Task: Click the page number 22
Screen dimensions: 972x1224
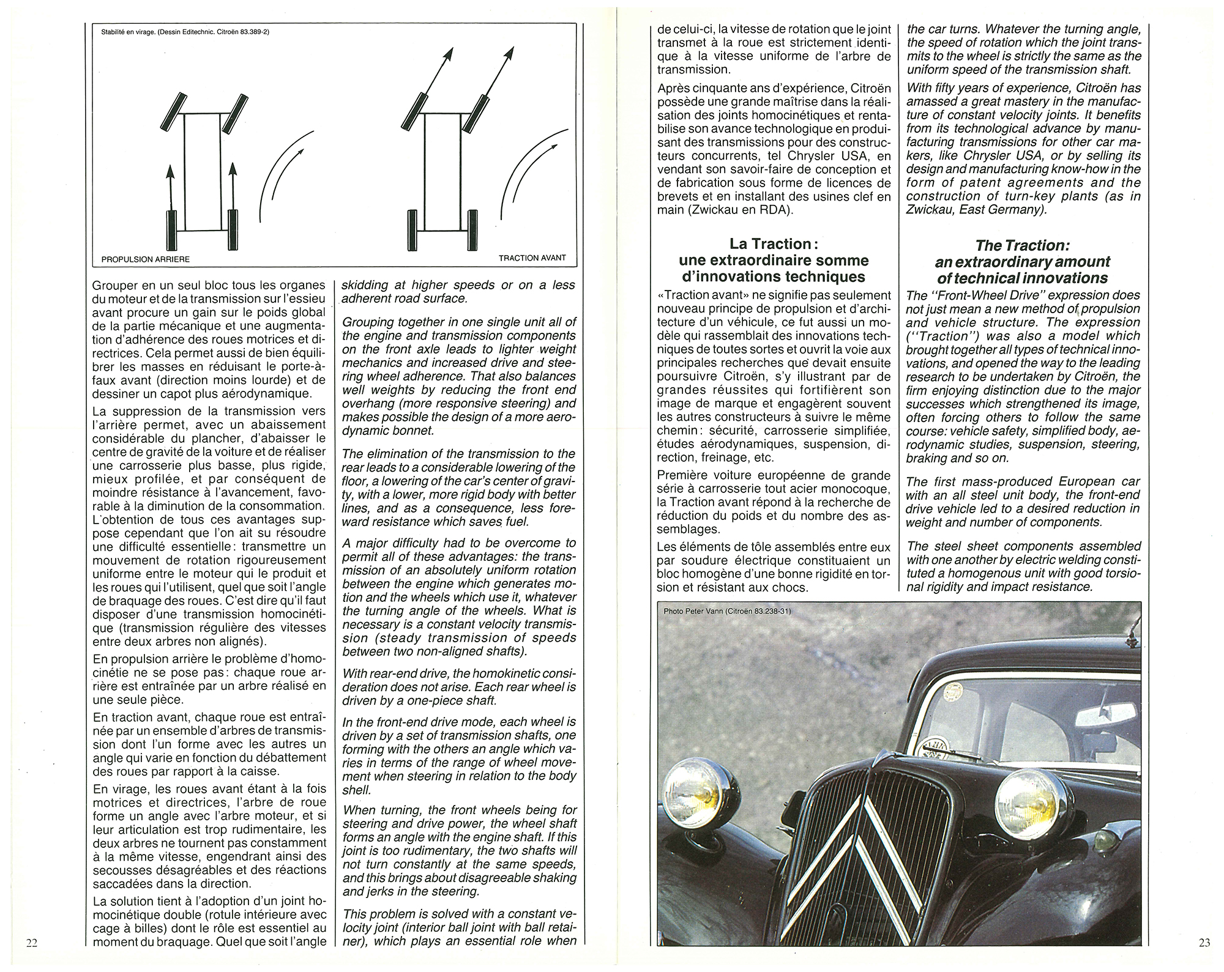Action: (x=32, y=943)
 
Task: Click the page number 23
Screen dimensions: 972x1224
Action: (x=1204, y=943)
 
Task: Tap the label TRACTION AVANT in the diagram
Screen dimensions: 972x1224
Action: (x=532, y=258)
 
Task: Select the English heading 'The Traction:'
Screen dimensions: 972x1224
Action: (x=1022, y=245)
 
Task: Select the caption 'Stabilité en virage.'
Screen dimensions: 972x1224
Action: (x=129, y=32)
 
